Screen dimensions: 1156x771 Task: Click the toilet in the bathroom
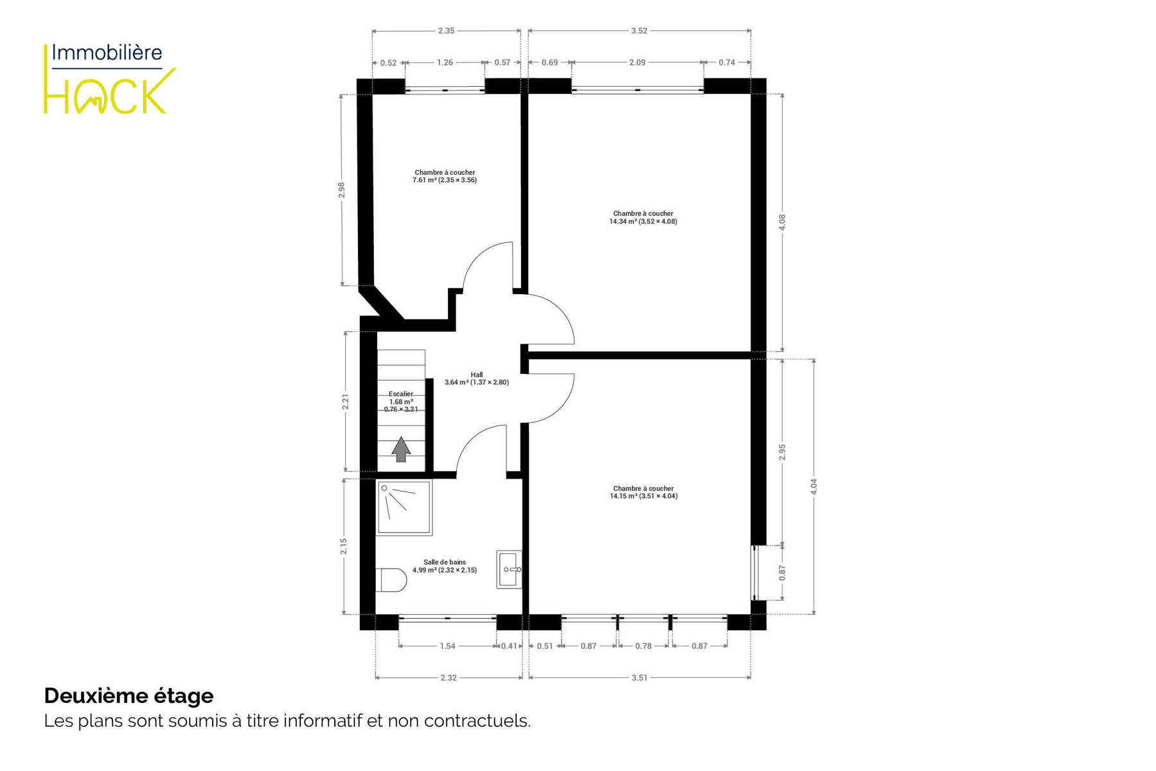tap(391, 580)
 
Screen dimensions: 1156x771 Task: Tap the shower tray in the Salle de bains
tap(404, 508)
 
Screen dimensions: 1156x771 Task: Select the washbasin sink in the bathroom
tap(509, 569)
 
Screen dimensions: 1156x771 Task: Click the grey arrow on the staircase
tap(401, 449)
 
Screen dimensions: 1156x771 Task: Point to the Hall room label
tap(477, 378)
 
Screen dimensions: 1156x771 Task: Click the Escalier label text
tap(401, 402)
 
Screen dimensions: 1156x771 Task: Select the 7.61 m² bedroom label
tap(445, 176)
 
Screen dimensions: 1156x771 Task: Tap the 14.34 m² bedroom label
tap(643, 217)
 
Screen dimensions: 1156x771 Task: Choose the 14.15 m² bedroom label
tap(643, 492)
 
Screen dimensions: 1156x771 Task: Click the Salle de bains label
tap(445, 566)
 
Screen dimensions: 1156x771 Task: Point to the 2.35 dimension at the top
tap(446, 31)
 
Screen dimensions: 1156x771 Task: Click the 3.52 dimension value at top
tap(639, 31)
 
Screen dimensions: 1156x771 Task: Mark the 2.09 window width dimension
tap(637, 62)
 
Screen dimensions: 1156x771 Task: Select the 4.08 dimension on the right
tap(782, 222)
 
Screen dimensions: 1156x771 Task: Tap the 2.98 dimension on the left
tap(342, 190)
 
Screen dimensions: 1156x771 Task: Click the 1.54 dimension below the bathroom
tap(447, 646)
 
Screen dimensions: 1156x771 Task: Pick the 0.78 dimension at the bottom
tap(643, 646)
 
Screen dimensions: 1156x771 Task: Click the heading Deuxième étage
tap(129, 696)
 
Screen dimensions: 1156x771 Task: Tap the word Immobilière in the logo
tap(107, 52)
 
